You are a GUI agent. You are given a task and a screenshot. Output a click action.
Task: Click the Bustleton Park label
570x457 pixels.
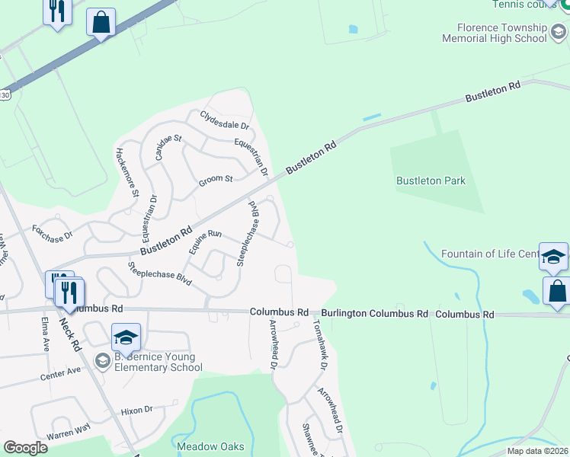[431, 181]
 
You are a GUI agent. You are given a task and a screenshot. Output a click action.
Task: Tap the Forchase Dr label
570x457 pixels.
[52, 232]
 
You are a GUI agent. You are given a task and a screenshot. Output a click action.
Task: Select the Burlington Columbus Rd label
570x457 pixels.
[374, 313]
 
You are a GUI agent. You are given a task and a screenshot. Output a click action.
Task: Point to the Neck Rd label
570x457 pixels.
[70, 333]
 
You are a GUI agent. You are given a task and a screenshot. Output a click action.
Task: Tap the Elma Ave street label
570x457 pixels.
[45, 333]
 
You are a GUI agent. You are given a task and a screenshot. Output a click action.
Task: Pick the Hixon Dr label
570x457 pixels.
[136, 411]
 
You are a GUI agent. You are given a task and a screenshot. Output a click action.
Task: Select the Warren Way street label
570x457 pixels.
[68, 432]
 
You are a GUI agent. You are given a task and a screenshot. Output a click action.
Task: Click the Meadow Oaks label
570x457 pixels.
[211, 446]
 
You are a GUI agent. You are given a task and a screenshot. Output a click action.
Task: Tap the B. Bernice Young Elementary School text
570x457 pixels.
[157, 362]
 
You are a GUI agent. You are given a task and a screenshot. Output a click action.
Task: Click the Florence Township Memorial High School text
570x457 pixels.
[505, 34]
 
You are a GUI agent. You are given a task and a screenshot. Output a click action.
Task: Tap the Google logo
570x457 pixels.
[25, 448]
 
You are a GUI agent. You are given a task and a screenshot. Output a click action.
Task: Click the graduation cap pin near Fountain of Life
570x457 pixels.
[553, 257]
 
